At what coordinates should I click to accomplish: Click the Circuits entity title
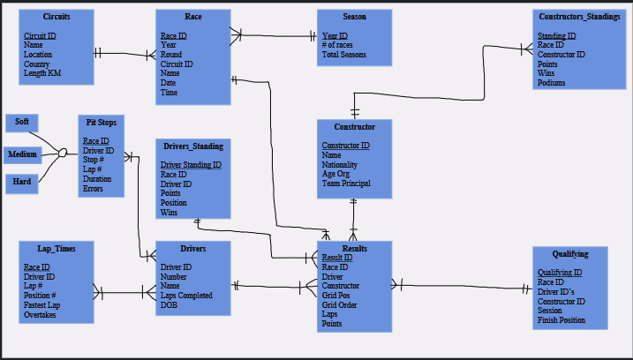[x=57, y=17]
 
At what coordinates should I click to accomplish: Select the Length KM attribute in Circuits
[x=42, y=73]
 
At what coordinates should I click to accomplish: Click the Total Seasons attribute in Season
[x=344, y=55]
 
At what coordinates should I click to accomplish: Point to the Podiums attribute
[x=552, y=83]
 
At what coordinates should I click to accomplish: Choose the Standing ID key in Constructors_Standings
[x=556, y=36]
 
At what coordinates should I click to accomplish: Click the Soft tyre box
[x=21, y=122]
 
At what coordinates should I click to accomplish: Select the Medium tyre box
[x=23, y=154]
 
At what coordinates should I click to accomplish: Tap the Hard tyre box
[x=22, y=183]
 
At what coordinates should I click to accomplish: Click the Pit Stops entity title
[x=101, y=122]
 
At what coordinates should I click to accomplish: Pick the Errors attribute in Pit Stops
[x=93, y=189]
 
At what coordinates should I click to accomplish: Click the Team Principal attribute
[x=346, y=184]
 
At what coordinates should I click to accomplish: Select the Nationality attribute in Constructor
[x=340, y=165]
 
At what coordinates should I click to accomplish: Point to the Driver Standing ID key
[x=191, y=165]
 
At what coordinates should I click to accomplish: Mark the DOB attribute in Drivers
[x=169, y=304]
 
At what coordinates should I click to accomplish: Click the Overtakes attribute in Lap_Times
[x=40, y=315]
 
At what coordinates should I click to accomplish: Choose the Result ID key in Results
[x=337, y=258]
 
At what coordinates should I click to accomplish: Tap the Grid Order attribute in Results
[x=340, y=304]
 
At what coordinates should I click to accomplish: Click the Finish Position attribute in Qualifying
[x=561, y=320]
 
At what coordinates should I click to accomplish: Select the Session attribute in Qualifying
[x=550, y=311]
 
